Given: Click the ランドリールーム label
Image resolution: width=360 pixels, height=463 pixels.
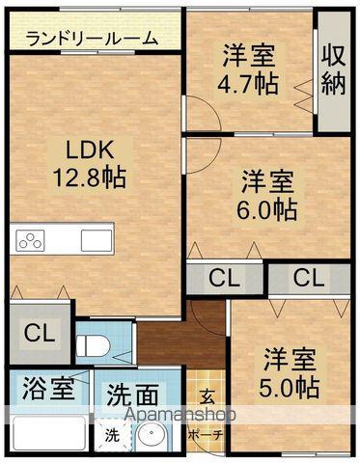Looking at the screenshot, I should click(92, 39).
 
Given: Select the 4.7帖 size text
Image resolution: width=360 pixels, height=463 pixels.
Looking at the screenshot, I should click(248, 83).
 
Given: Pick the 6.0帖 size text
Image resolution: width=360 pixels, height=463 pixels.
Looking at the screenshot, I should click(267, 206).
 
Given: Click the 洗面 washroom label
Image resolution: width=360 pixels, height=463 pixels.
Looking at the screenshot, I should click(132, 395).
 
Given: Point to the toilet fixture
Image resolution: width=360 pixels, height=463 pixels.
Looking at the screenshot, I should click(95, 344).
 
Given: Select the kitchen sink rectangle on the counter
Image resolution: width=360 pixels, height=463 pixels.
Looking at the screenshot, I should click(97, 239).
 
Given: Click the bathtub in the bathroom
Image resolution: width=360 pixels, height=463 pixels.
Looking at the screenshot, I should click(48, 436).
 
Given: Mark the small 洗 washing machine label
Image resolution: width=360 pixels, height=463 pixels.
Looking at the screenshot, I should click(113, 436).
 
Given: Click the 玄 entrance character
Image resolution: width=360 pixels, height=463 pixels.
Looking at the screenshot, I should click(208, 395).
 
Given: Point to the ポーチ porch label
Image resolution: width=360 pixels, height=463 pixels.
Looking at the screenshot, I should click(207, 435).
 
